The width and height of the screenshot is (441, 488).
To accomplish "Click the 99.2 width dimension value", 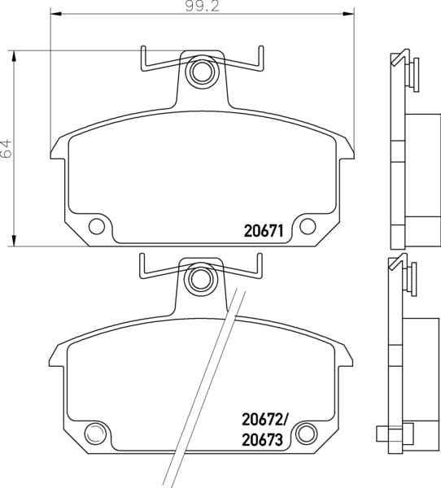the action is (203, 7).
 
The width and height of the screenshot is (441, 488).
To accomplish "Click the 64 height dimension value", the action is (7, 149).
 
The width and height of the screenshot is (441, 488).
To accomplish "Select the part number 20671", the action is (264, 231).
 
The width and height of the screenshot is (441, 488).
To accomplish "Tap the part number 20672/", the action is (264, 420).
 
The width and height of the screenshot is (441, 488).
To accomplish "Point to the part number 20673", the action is (262, 440).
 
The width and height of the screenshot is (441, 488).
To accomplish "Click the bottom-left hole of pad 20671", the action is (97, 226).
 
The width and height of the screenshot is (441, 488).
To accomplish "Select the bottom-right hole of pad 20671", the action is (308, 226).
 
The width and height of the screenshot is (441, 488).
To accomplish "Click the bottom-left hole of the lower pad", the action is (95, 433).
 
